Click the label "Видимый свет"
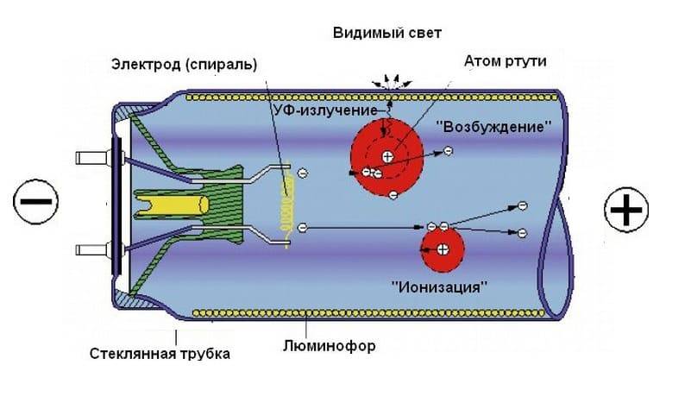[386, 34]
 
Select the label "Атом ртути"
[505, 61]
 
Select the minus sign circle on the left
[35, 203]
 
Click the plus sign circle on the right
[626, 210]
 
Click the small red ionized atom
[442, 250]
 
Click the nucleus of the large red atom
[387, 156]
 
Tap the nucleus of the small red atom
[443, 250]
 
